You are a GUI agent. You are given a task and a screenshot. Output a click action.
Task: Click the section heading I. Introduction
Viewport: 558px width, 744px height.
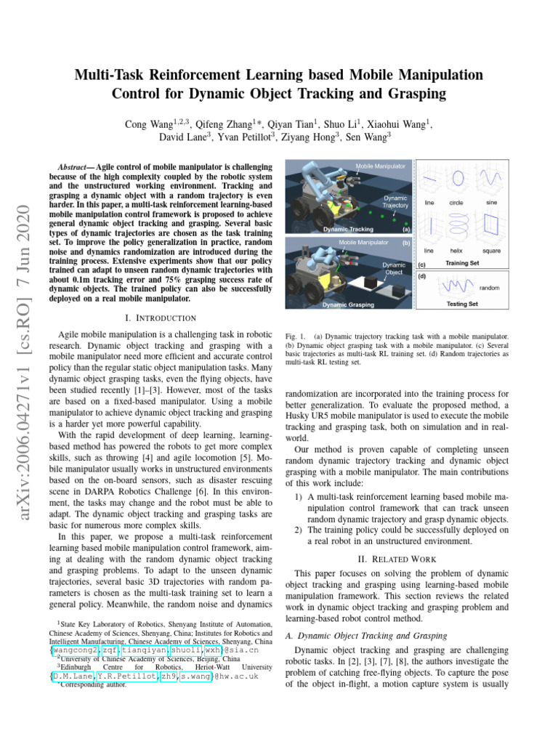coord(161,318)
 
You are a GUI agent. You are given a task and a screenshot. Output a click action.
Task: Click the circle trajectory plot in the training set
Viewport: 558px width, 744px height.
coord(456,179)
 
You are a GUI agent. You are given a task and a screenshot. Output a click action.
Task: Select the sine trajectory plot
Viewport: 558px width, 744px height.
coord(492,179)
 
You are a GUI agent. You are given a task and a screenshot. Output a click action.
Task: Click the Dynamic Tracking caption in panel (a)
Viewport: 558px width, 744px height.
coord(347,229)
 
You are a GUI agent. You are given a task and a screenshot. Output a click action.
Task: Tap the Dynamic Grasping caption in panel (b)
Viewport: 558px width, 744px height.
coord(347,304)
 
